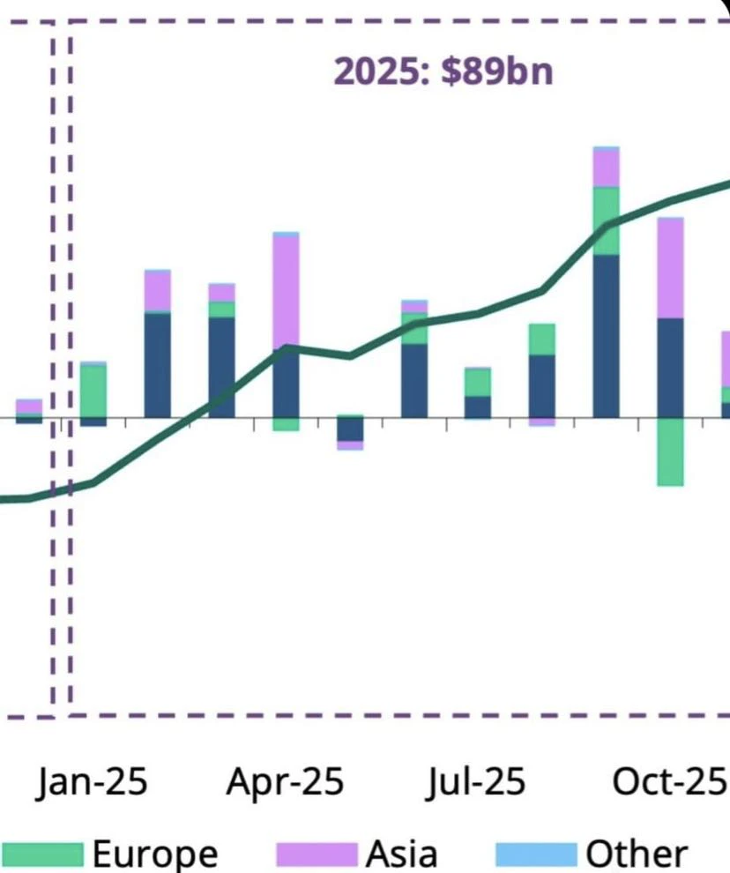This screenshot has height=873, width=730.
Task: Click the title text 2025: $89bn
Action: click(443, 71)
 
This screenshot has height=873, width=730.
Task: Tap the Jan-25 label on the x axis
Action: click(93, 781)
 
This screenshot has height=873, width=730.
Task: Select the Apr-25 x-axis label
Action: click(285, 781)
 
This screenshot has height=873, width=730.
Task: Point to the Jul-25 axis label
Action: click(476, 781)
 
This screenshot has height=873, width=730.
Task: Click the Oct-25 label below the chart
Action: click(669, 781)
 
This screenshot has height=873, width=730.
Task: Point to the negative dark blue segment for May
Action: click(350, 429)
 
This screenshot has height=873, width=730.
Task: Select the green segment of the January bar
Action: click(93, 392)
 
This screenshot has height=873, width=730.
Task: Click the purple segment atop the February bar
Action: click(158, 292)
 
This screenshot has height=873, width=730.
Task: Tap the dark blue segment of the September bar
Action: click(607, 336)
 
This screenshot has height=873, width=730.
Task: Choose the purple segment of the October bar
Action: click(670, 268)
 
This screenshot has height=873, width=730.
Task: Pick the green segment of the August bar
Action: click(542, 339)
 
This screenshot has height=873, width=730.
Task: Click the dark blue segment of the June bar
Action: click(414, 381)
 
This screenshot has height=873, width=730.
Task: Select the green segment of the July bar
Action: click(478, 383)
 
